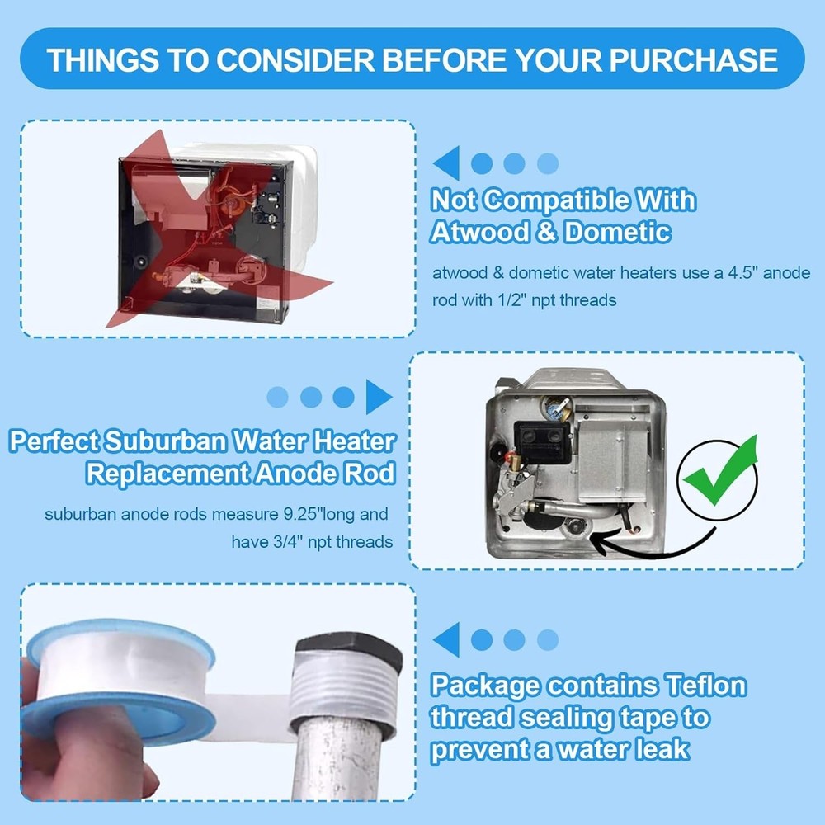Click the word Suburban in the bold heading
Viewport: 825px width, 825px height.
coord(162,441)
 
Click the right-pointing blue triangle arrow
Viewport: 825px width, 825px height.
coord(379,397)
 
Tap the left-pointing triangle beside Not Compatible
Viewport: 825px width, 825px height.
coord(446,163)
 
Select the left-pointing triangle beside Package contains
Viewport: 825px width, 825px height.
coord(446,639)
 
